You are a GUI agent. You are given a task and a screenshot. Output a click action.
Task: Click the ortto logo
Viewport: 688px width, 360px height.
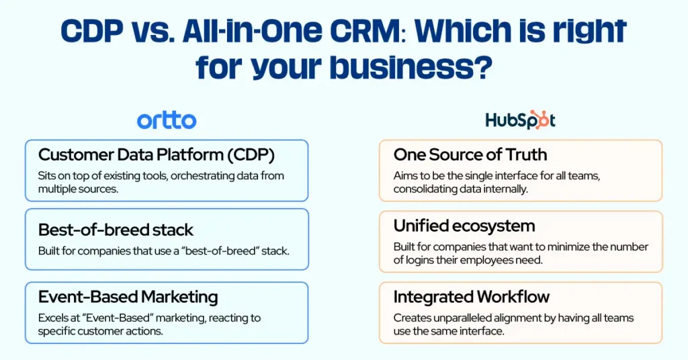coord(167,121)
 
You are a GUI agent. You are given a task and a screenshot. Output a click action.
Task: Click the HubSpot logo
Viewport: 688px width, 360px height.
coord(520,120)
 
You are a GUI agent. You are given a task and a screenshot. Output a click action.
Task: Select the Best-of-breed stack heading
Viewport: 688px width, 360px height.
coord(116,230)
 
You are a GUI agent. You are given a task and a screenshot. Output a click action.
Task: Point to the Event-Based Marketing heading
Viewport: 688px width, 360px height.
coord(128,298)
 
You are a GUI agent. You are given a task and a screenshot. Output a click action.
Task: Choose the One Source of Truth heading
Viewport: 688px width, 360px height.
coord(470,154)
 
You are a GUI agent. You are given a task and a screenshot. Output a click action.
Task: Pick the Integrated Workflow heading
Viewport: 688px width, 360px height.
coord(472,297)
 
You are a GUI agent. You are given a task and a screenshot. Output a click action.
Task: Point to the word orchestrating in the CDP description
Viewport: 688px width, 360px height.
coord(192,176)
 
